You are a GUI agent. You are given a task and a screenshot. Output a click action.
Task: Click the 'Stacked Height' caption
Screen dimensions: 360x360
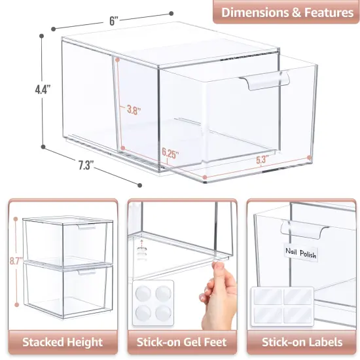(63, 341)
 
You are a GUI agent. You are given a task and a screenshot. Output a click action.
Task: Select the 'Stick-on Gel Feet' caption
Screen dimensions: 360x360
(181, 341)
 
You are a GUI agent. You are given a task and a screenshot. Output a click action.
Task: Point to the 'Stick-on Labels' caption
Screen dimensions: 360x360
(301, 341)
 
